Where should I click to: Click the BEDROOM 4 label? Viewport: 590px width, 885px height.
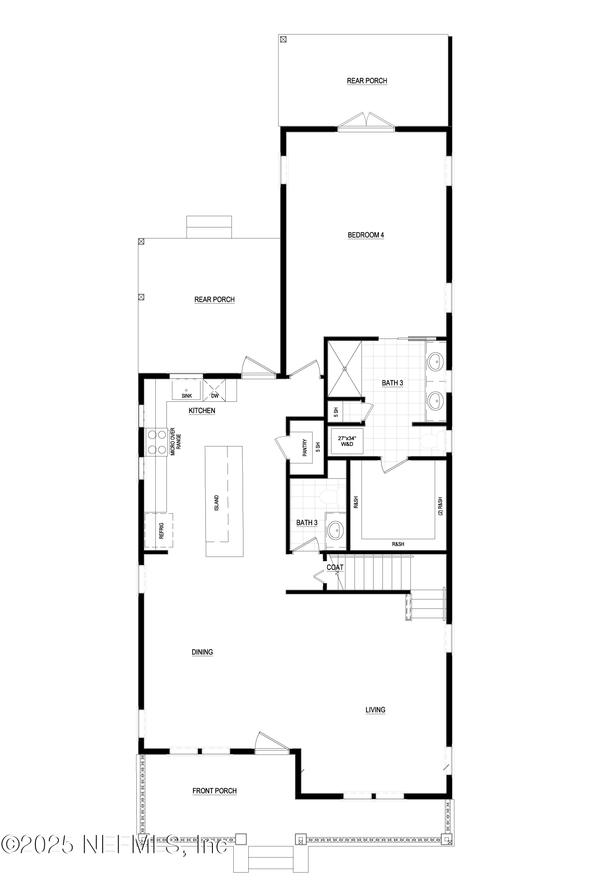click(x=366, y=235)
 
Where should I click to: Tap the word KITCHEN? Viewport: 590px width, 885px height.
click(x=202, y=411)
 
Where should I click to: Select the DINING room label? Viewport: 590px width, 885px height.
click(x=202, y=652)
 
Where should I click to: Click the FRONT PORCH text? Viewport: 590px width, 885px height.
click(x=214, y=791)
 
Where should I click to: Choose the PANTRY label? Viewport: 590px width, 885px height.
click(x=305, y=448)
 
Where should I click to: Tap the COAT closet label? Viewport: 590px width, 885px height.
click(x=335, y=567)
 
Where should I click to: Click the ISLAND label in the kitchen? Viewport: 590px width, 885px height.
click(x=217, y=503)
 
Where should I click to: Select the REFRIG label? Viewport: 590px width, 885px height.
click(x=161, y=531)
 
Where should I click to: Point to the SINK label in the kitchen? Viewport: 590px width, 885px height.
click(x=187, y=396)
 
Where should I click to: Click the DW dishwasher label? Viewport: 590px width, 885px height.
click(x=215, y=396)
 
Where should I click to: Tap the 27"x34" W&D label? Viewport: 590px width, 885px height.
click(x=347, y=441)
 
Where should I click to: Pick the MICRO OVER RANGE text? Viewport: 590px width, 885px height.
click(x=175, y=441)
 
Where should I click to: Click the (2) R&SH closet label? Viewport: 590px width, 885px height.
click(x=440, y=506)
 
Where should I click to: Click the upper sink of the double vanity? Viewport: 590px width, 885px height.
click(x=436, y=362)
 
